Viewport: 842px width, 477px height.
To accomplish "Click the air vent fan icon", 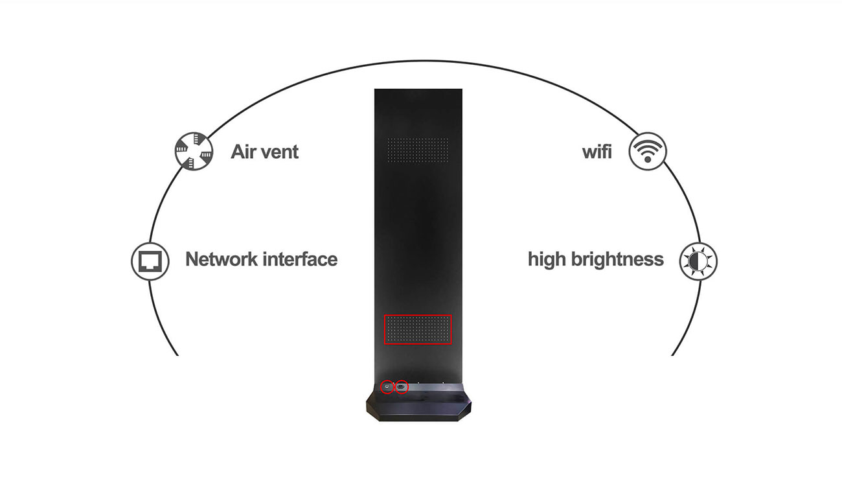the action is pyautogui.click(x=194, y=151).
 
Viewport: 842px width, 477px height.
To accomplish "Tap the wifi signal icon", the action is pyautogui.click(x=647, y=151).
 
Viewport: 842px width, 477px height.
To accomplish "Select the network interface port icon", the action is pyautogui.click(x=150, y=261).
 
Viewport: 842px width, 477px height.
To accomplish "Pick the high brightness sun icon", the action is pyautogui.click(x=698, y=261).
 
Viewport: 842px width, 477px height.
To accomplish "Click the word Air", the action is pyautogui.click(x=243, y=152).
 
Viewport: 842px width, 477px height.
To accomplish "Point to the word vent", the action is pyautogui.click(x=280, y=152).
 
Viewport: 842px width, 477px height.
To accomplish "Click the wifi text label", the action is pyautogui.click(x=597, y=152).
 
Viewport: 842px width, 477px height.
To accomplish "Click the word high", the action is pyautogui.click(x=547, y=260).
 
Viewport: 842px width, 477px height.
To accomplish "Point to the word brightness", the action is pyautogui.click(x=617, y=259).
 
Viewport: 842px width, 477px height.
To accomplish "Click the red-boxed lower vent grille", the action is pyautogui.click(x=418, y=329).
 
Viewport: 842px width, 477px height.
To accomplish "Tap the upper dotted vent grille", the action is pyautogui.click(x=418, y=150).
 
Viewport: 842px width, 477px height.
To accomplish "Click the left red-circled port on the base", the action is pyautogui.click(x=387, y=387).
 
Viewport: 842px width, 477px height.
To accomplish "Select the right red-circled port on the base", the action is pyautogui.click(x=402, y=387).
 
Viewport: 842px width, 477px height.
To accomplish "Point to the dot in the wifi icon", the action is pyautogui.click(x=648, y=159).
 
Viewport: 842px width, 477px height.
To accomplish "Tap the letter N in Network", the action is pyautogui.click(x=192, y=259).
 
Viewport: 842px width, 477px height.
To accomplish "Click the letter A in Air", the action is pyautogui.click(x=238, y=152).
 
